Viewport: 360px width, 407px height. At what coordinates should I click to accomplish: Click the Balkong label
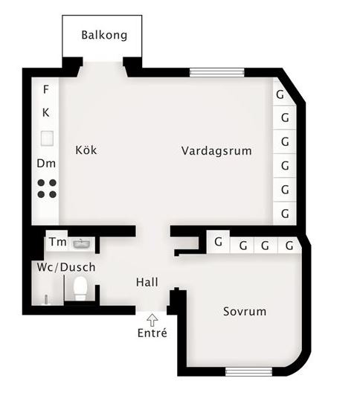click(x=104, y=35)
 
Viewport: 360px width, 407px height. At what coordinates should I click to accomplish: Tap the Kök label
click(x=86, y=150)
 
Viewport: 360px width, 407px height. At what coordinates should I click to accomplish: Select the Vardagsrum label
click(x=216, y=151)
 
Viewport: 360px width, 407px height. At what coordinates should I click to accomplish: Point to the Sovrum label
click(x=245, y=312)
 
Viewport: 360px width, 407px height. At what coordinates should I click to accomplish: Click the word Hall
click(x=147, y=282)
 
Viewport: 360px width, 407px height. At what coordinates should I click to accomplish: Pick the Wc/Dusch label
click(x=66, y=267)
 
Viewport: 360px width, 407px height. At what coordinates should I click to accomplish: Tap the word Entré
click(x=152, y=333)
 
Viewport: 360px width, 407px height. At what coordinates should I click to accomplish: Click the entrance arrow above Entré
click(x=152, y=320)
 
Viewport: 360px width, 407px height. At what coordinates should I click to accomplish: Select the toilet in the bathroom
click(x=80, y=289)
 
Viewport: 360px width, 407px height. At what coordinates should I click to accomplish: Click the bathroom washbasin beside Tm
click(x=82, y=244)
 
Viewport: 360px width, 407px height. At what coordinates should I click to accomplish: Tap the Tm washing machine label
click(x=58, y=242)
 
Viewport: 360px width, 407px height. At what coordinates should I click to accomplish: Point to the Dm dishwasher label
click(x=46, y=164)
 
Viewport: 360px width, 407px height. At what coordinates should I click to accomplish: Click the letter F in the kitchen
click(x=45, y=89)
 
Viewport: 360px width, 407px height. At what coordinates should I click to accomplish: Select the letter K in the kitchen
click(x=45, y=112)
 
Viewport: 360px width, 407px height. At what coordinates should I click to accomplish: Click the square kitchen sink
click(x=47, y=138)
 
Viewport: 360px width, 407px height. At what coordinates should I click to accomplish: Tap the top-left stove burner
click(x=41, y=183)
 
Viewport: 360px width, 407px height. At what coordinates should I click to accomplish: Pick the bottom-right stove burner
click(x=53, y=194)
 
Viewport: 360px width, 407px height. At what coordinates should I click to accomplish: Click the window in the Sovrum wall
click(x=248, y=372)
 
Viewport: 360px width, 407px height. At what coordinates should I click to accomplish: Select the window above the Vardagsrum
click(x=217, y=72)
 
